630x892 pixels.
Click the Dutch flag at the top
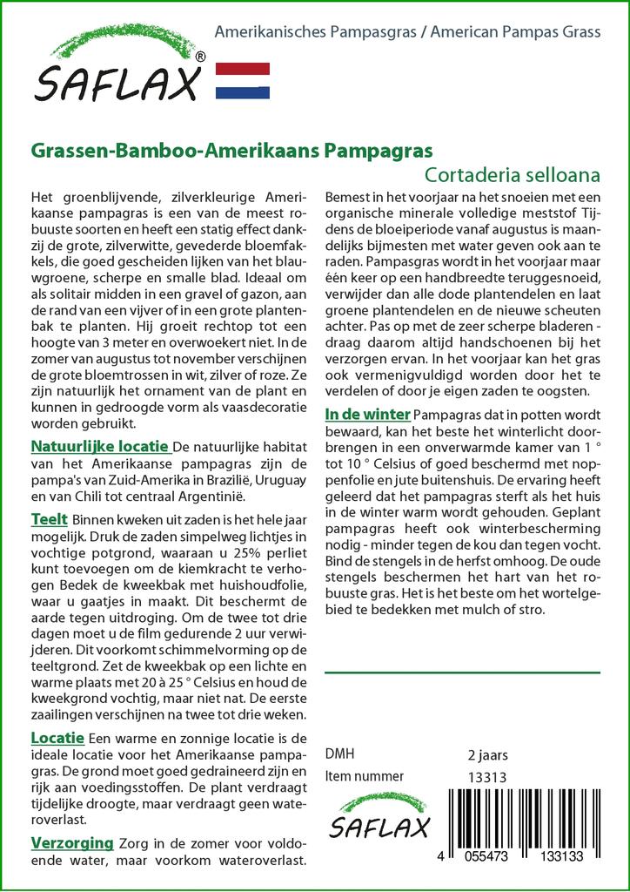[241, 81]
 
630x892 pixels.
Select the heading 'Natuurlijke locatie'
[99, 448]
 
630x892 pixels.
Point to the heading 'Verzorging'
[72, 843]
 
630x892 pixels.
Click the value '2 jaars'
[487, 754]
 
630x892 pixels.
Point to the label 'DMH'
[339, 754]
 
